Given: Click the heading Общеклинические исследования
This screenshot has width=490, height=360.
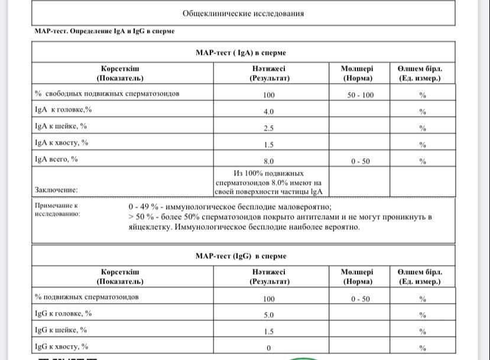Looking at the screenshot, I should (x=244, y=14).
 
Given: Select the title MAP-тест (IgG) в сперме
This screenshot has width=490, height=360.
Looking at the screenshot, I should (x=241, y=256).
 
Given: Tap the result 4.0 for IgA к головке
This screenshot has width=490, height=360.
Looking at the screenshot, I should (x=269, y=111).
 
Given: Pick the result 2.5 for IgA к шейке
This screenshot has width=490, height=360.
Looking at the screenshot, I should (x=269, y=128).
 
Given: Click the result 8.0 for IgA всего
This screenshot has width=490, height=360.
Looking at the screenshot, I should (x=269, y=161).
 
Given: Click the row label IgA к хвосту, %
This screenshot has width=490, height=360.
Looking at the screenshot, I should (x=61, y=142).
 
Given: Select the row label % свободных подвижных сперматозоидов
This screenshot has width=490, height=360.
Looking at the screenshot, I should (x=107, y=93).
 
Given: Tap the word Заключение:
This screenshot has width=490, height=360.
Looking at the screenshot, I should (x=56, y=190).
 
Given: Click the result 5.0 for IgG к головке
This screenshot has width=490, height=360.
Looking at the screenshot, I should (x=269, y=314).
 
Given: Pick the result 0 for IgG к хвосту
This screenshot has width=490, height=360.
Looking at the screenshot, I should (x=269, y=348).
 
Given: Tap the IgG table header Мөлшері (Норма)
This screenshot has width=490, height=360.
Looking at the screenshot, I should (x=357, y=277).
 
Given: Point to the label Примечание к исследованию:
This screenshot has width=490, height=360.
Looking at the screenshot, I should (x=57, y=209).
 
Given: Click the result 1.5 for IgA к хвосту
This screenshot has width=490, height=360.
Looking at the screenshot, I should (x=269, y=144).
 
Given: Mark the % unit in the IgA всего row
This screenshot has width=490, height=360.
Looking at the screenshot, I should (x=423, y=161).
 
